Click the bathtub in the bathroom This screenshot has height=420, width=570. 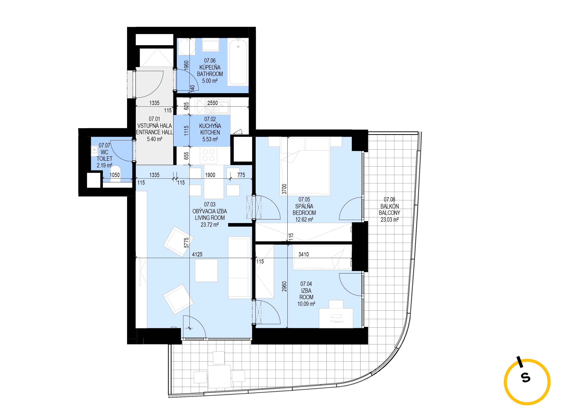[x=238, y=62]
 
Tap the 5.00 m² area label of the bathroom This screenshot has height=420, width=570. [x=210, y=81]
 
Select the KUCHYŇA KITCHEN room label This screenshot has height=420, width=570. [x=210, y=129]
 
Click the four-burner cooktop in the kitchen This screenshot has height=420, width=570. [x=208, y=155]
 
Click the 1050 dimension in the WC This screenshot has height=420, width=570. [x=114, y=175]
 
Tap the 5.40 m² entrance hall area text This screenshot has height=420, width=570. [x=154, y=139]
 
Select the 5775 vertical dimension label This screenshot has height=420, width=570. [x=186, y=242]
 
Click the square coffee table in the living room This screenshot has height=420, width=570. [x=206, y=270]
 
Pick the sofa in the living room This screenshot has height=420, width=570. [x=239, y=267]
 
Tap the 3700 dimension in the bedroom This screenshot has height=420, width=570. [x=284, y=189]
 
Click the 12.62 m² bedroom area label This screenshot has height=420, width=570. [x=304, y=219]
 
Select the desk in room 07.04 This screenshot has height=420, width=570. [x=336, y=318]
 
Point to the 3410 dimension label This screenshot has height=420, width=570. [x=303, y=254]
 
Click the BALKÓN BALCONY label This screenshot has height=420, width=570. [x=389, y=210]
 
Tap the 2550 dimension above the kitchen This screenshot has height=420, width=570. [x=213, y=103]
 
